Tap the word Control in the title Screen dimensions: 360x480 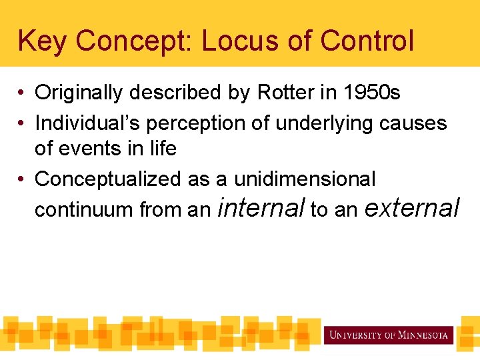point(367,41)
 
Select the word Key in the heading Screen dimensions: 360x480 point(43,41)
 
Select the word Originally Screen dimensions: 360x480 point(79,93)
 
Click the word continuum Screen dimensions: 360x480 point(84,210)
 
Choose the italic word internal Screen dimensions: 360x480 point(261,208)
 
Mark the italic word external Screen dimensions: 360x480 point(412,208)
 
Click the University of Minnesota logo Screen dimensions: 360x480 point(388,335)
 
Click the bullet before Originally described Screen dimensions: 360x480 point(22,93)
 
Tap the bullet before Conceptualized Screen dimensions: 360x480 point(22,179)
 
